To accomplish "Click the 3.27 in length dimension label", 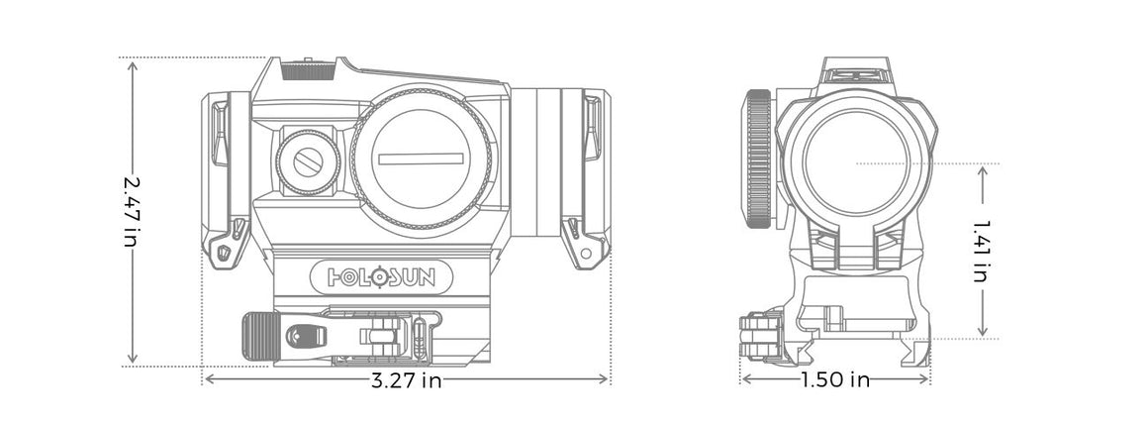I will (406, 380).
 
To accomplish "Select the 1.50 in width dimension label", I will (834, 380).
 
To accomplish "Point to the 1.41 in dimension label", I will (981, 252).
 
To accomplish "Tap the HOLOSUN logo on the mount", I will (381, 274).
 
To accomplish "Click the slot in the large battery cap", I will (421, 157).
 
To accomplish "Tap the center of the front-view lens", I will (857, 162).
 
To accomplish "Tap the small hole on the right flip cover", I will (586, 253).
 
